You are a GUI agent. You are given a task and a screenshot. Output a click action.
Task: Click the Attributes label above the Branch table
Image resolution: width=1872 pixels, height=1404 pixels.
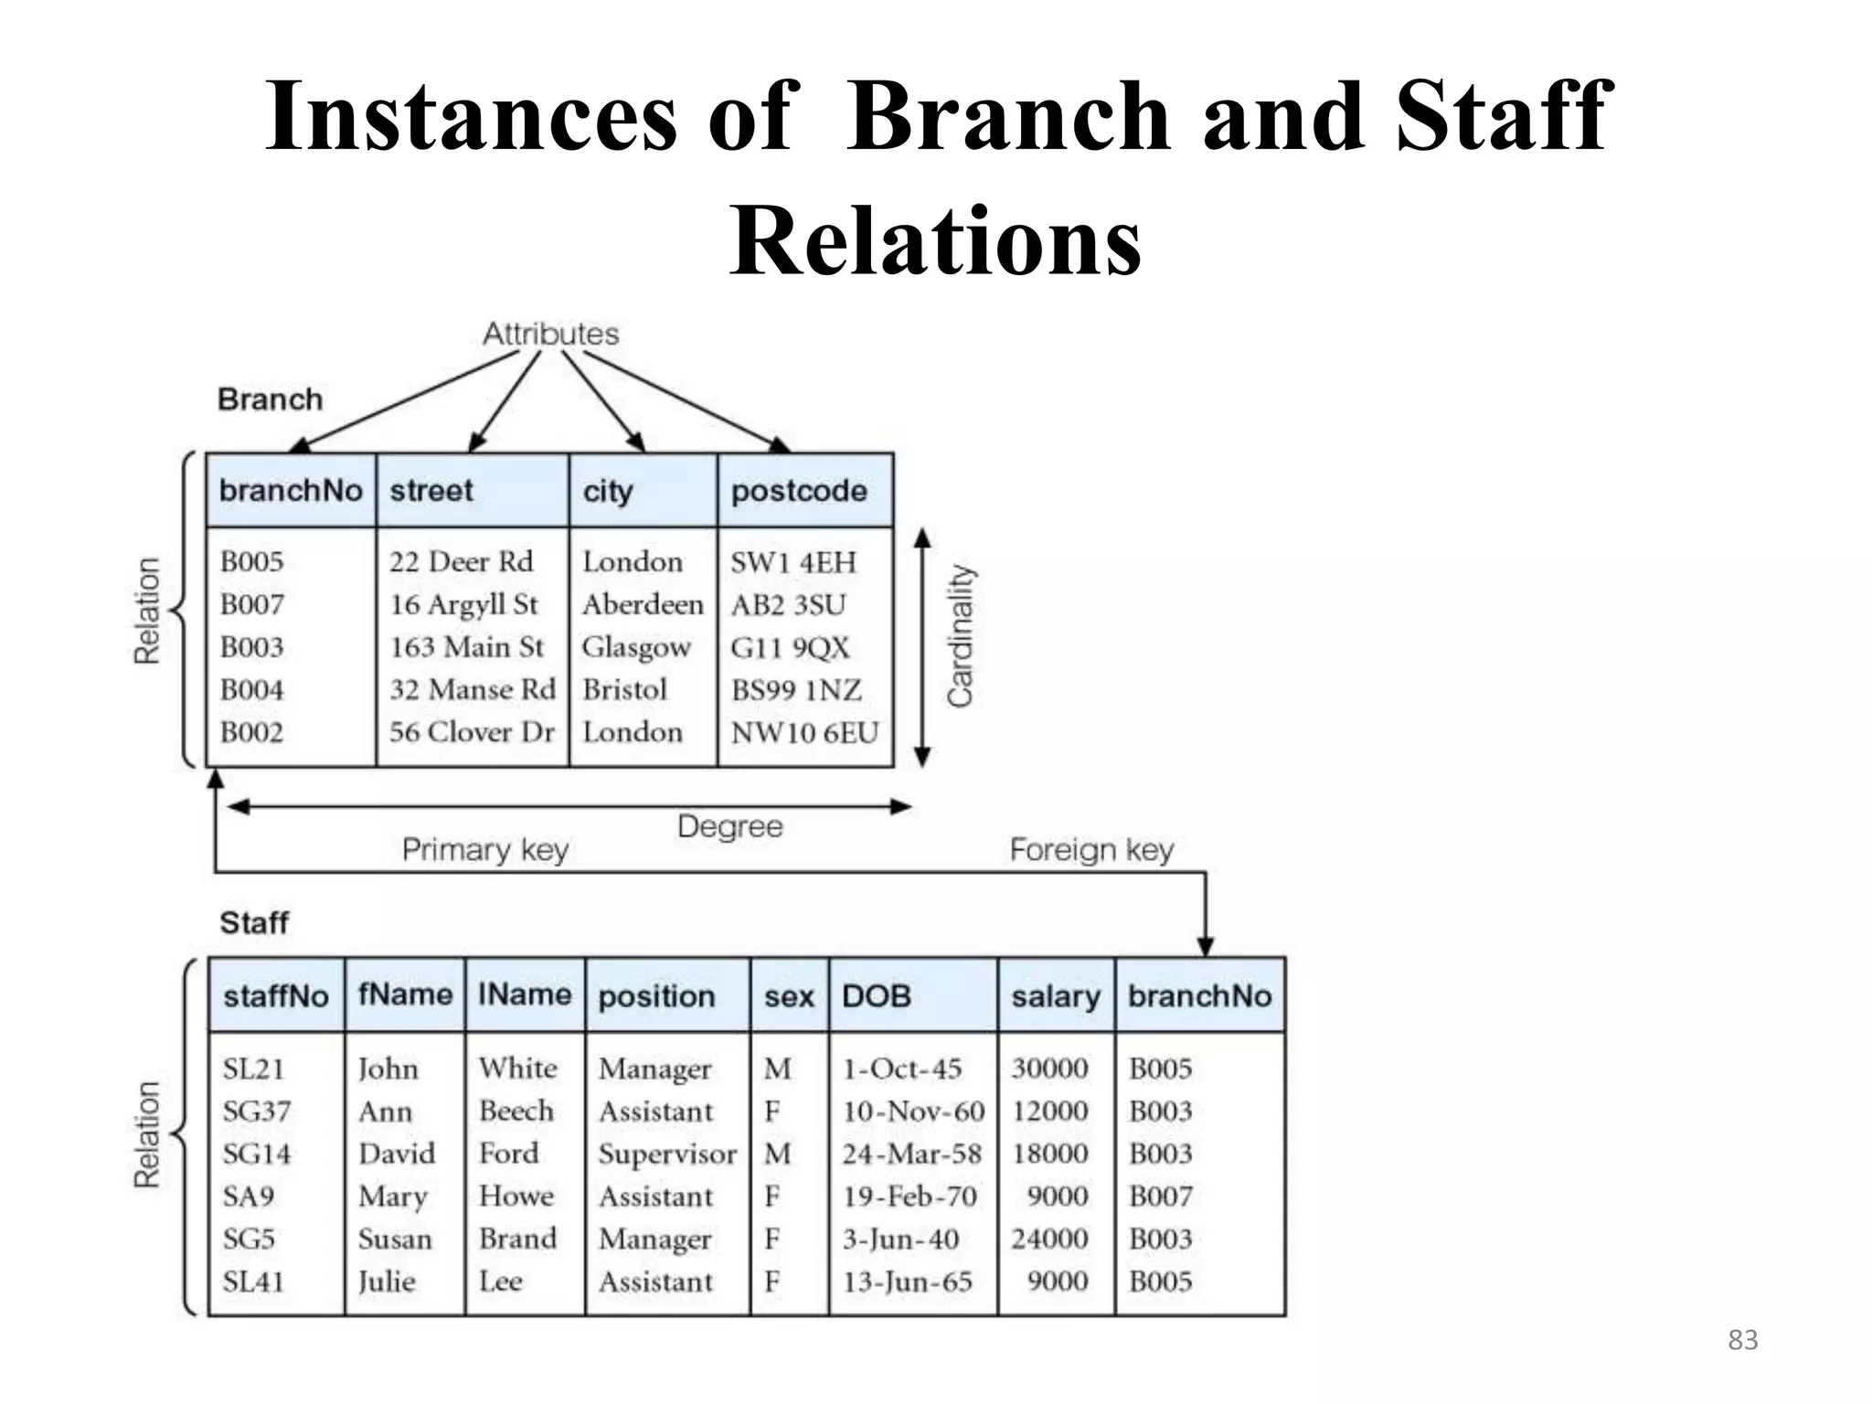click(x=550, y=334)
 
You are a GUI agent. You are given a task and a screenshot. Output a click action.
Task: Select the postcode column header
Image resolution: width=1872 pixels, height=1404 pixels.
click(x=798, y=491)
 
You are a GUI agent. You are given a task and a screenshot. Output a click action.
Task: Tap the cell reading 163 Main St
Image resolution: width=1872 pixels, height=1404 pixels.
click(x=466, y=647)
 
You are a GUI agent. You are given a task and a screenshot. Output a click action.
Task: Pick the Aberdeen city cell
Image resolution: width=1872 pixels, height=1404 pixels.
click(x=643, y=604)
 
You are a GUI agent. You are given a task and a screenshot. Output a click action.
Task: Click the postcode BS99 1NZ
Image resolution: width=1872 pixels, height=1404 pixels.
click(x=796, y=690)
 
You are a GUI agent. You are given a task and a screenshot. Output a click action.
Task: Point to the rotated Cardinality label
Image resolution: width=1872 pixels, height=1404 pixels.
click(x=960, y=636)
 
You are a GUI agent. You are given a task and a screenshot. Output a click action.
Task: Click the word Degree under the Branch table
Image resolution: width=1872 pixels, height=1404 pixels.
click(x=729, y=826)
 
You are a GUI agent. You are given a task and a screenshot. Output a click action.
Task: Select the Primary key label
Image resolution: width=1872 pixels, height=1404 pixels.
click(x=484, y=850)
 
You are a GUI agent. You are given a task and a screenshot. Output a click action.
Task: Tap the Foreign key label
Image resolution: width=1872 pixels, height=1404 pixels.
click(x=1090, y=850)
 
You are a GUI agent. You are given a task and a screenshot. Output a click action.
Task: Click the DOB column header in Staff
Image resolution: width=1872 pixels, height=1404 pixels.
click(x=876, y=995)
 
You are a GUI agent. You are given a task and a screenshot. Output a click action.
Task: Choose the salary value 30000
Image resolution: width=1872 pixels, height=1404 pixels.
click(x=1049, y=1068)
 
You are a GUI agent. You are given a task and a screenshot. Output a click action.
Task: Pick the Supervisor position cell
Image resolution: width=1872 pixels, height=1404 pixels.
click(x=667, y=1154)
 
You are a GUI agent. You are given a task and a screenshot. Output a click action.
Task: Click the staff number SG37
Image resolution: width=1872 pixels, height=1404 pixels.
click(x=256, y=1111)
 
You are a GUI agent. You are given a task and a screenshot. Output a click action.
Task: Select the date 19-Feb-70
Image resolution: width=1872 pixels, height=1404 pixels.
click(x=909, y=1197)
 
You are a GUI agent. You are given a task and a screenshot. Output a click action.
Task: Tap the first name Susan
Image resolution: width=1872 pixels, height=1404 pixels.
click(x=395, y=1239)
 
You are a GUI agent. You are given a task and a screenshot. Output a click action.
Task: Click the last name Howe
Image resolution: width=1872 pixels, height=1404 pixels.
click(x=516, y=1197)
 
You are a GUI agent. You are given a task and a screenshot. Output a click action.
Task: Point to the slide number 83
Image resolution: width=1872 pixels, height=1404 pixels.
click(x=1742, y=1340)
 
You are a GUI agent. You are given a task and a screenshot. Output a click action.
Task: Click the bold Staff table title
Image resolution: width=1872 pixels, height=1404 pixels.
click(x=254, y=923)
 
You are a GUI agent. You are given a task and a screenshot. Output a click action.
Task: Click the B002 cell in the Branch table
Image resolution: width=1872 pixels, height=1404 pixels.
click(x=251, y=732)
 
